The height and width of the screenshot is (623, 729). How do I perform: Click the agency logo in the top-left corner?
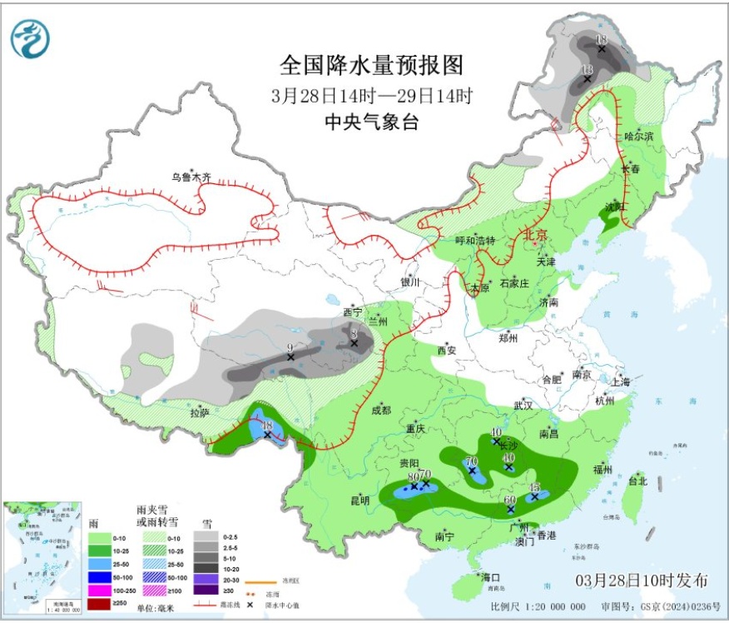[30, 37]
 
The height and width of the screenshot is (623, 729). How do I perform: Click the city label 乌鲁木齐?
[191, 177]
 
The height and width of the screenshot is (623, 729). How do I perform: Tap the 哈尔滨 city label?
[639, 136]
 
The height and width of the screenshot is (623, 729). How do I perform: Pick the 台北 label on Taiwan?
[637, 481]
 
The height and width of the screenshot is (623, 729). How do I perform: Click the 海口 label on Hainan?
[489, 577]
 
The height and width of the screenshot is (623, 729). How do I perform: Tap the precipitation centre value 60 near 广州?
[510, 500]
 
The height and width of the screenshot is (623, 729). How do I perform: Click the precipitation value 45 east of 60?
[535, 487]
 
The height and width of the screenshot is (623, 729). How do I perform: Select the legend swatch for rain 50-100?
[101, 576]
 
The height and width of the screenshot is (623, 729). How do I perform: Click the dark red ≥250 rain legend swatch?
[101, 603]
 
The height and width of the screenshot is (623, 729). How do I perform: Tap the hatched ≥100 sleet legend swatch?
[155, 590]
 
